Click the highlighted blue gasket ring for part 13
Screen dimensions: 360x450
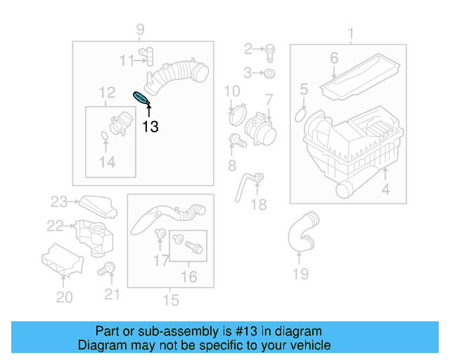tap(141, 98)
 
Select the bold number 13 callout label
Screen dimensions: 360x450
tap(150, 127)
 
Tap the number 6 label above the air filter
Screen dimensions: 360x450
tap(334, 58)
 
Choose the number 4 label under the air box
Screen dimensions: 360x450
tap(385, 190)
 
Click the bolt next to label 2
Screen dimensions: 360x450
tap(271, 49)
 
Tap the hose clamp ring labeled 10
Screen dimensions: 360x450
tap(237, 110)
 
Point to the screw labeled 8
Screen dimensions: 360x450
tap(236, 141)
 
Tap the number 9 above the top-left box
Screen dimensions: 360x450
tap(140, 29)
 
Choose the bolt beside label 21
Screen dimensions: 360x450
tap(108, 268)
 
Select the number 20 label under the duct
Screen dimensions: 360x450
tap(64, 297)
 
